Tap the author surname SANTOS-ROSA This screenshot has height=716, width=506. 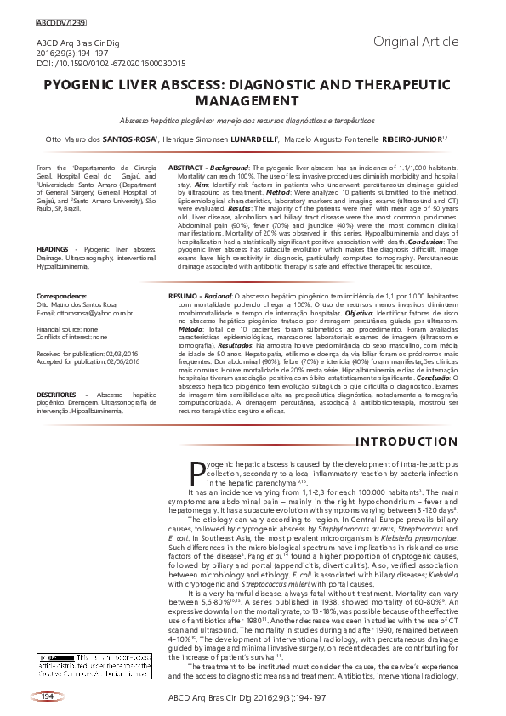pos(129,139)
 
